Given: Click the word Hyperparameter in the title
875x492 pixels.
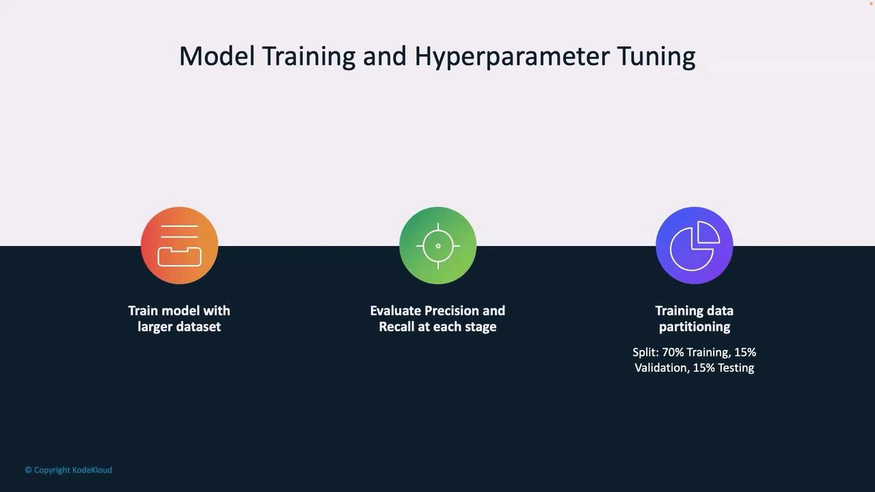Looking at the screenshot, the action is (512, 57).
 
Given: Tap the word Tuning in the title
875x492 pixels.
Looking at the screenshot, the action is (657, 57).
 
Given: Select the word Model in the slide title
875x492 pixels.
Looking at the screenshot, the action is (217, 56).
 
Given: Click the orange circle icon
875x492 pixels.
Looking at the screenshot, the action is (180, 245).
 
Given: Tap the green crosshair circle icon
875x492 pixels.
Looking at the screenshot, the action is (438, 245).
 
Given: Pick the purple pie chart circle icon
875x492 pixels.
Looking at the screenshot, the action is (695, 245).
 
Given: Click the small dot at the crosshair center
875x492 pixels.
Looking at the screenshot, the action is (438, 246).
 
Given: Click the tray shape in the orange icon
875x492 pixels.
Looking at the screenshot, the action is (180, 257).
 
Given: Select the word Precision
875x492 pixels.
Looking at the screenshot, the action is (452, 311).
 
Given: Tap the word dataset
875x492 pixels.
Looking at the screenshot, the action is (198, 327).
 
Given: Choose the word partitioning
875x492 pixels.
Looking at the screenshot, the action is (695, 327).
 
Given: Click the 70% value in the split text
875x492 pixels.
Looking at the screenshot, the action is (673, 353).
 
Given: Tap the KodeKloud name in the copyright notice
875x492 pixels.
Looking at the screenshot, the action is (92, 470).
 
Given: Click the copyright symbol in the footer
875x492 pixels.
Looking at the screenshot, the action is (28, 470).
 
